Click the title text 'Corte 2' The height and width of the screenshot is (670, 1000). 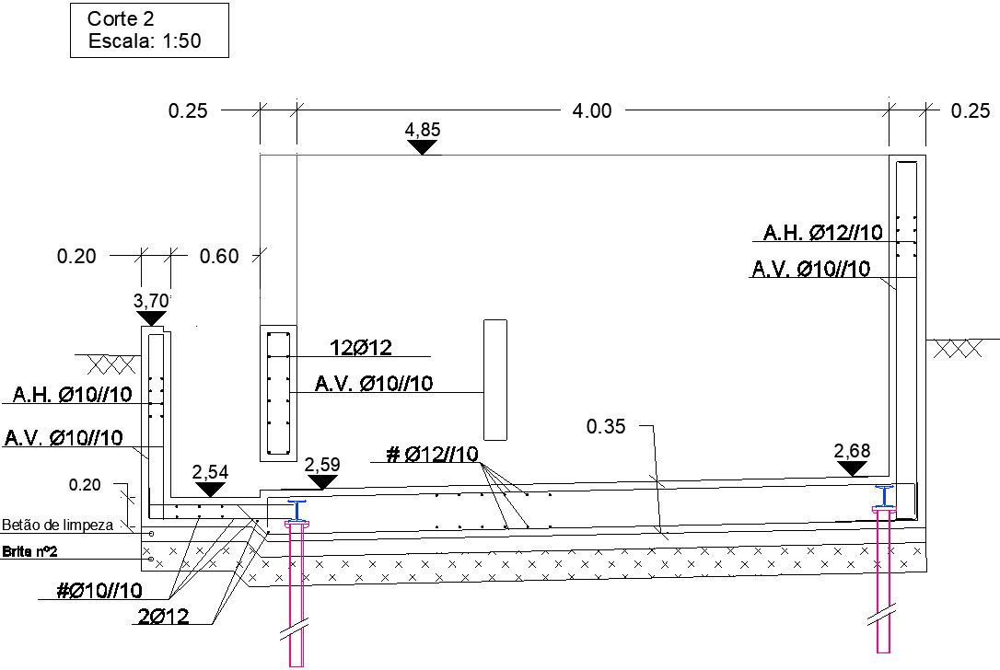[121, 19]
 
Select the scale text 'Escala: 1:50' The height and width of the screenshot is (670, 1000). [145, 40]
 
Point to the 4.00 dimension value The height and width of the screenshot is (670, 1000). [592, 111]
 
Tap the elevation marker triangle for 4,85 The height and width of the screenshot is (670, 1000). [423, 147]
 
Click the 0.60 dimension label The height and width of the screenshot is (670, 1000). [219, 256]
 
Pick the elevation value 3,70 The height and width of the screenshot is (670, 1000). [151, 300]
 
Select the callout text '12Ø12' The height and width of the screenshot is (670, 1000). [361, 348]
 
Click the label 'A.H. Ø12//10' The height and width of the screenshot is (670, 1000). [822, 233]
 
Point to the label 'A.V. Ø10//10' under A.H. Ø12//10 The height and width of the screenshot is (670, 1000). [811, 269]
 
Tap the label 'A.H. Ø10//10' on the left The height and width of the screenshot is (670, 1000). [72, 395]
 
